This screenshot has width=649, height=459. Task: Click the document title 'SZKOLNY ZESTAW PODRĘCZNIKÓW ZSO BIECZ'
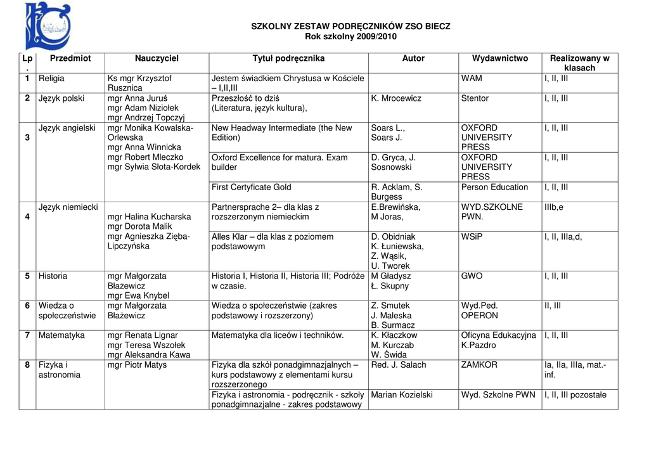click(350, 27)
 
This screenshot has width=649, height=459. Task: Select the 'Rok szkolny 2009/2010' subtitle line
click(350, 37)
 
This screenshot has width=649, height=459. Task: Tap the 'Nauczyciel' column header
click(157, 58)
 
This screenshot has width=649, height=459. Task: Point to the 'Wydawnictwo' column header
click(499, 58)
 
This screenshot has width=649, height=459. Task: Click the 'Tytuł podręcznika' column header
click(288, 58)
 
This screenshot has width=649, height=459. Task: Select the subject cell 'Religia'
click(51, 78)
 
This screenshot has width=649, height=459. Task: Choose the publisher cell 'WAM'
click(472, 78)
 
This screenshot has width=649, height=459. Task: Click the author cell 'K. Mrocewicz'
click(396, 98)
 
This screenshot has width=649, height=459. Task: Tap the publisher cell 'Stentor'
click(475, 98)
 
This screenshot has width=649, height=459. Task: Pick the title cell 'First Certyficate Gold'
click(252, 187)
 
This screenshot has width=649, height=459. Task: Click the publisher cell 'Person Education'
click(494, 187)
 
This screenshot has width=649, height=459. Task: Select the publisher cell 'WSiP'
click(472, 236)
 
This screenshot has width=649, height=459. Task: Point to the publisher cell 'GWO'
click(472, 276)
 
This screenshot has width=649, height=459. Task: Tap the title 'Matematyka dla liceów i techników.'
click(278, 335)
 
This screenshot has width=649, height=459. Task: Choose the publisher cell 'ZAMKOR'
click(479, 365)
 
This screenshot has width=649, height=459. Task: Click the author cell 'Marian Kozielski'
click(402, 394)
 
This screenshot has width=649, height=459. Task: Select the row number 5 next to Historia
click(27, 276)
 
